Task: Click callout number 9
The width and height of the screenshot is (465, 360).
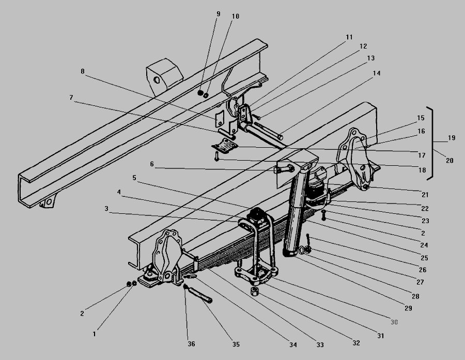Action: [x=219, y=14]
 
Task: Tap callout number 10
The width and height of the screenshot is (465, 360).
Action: [x=236, y=17]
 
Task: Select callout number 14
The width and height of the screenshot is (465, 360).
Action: [x=376, y=73]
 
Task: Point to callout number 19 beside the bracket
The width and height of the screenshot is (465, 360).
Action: [x=452, y=138]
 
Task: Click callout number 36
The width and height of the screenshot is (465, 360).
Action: [x=191, y=344]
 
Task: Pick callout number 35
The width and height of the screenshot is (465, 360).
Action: [x=236, y=345]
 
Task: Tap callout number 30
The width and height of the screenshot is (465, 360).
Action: [x=394, y=322]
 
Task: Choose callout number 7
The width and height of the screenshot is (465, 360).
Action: [x=71, y=98]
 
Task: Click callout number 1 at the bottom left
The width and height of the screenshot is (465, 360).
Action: [x=95, y=334]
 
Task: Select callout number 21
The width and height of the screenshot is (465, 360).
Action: [x=425, y=195]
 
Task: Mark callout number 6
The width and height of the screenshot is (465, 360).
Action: [x=152, y=164]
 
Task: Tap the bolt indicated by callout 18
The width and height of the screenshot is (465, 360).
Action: [x=216, y=156]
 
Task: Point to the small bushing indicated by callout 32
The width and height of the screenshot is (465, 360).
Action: [x=255, y=291]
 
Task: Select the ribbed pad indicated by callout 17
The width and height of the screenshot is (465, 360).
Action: [x=225, y=146]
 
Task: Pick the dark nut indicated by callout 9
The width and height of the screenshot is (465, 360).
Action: [x=200, y=93]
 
